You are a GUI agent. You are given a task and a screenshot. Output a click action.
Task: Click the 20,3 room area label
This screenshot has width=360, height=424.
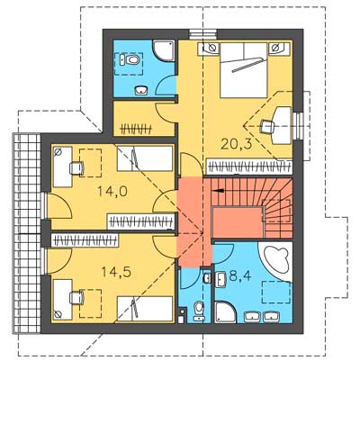(x=236, y=144)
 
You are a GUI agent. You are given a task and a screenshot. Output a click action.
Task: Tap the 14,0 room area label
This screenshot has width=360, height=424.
(x=112, y=191)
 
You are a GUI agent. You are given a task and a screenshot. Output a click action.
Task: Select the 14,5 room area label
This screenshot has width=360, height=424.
(x=116, y=272)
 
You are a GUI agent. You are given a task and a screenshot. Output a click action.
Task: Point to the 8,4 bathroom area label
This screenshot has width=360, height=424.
(x=240, y=275)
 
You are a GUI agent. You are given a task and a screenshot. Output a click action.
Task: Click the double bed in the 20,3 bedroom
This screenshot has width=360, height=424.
(x=244, y=70)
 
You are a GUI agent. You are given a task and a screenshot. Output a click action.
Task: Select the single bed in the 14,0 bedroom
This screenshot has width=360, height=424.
(x=145, y=158)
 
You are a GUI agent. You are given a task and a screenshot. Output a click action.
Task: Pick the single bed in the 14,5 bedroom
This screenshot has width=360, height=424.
(x=145, y=309)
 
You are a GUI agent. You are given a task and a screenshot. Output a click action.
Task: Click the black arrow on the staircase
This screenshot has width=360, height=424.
(x=218, y=191)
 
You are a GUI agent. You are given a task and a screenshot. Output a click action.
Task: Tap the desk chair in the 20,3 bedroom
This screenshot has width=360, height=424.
(x=268, y=127)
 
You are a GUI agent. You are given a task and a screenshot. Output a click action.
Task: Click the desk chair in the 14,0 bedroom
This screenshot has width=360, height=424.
(x=76, y=168)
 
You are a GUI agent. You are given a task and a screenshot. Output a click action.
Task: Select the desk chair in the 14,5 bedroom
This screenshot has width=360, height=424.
(x=76, y=297)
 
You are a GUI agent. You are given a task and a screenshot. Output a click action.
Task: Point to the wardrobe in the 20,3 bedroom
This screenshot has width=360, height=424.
(x=249, y=167)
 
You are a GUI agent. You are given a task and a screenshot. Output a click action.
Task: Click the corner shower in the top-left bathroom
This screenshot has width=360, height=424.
(x=164, y=51)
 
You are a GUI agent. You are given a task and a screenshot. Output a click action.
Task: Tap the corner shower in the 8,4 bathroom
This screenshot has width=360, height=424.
(x=225, y=312)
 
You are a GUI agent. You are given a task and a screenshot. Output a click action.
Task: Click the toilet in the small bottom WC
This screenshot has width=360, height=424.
(x=198, y=311)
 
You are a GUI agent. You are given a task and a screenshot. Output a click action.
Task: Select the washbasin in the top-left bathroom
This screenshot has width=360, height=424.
(x=141, y=90)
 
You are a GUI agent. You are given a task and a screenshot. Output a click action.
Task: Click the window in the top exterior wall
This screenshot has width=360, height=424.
(x=203, y=34)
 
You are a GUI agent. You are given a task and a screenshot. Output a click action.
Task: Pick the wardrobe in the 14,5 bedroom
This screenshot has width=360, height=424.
(x=85, y=240)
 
